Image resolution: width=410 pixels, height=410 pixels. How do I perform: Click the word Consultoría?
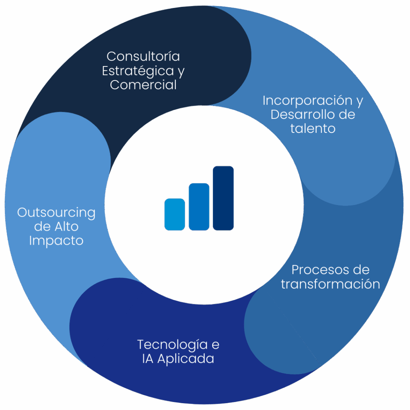pos(143,56)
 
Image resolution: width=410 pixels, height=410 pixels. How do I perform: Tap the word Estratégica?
pos(138,71)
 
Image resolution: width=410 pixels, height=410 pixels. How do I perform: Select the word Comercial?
pos(143,85)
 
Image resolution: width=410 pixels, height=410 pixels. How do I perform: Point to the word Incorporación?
pos(307,100)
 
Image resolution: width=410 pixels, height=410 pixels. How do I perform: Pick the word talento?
pos(313,129)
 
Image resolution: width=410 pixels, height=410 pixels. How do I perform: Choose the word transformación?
pos(330,284)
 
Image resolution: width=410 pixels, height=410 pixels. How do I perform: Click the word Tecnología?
pos(172,345)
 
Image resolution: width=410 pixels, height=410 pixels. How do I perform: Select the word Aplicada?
pos(186,358)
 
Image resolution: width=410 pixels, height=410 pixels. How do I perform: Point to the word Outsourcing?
pos(56,213)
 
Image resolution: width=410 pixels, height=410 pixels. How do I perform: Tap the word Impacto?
pos(56,241)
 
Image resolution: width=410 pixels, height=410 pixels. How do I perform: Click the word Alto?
pos(67,227)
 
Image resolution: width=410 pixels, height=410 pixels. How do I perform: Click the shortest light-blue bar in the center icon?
pos(175,215)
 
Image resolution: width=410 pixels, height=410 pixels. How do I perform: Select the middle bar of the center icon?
pos(199,207)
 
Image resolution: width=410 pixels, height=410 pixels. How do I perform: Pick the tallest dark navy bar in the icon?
pos(223,198)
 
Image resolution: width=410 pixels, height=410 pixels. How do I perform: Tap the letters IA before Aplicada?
pos(148,358)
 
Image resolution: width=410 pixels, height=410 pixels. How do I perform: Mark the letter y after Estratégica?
pos(181,72)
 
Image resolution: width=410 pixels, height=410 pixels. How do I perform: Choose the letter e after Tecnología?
pos(215,345)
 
